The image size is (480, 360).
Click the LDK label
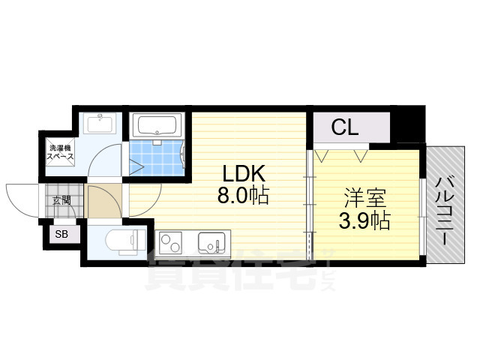click(241, 175)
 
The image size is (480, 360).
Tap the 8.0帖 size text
click(241, 196)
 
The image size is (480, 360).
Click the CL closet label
click(345, 127)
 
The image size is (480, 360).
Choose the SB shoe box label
click(60, 235)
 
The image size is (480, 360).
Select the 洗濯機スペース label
click(58, 153)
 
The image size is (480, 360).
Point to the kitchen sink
click(209, 243)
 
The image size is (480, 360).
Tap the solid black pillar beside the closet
click(408, 124)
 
